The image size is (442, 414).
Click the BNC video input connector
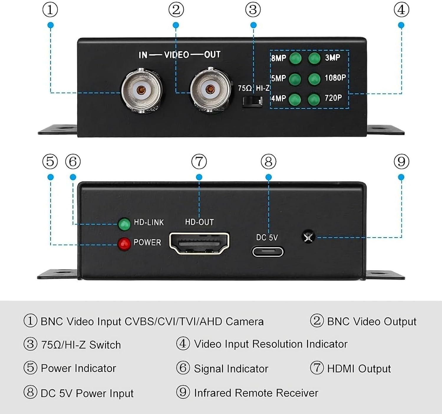[141, 90]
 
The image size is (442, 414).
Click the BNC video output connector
[210, 89]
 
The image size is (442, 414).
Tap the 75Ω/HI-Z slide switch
[252, 101]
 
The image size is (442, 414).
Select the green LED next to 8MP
[295, 58]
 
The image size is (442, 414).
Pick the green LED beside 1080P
[314, 79]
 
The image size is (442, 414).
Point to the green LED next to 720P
[314, 99]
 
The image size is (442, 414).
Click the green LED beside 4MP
[295, 99]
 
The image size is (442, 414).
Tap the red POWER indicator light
[124, 244]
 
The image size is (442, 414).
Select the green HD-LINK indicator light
[124, 224]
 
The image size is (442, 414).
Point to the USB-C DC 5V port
[268, 252]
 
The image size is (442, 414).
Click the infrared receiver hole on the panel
[308, 237]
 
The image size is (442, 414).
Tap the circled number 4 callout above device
[401, 10]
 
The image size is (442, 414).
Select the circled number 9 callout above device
[401, 161]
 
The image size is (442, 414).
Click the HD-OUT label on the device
[199, 222]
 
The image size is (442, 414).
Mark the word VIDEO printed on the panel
[177, 55]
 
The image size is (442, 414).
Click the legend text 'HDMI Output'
[359, 369]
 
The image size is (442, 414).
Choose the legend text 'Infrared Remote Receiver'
[256, 393]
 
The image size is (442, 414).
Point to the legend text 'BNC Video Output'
[372, 321]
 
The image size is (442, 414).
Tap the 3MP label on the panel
[332, 58]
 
